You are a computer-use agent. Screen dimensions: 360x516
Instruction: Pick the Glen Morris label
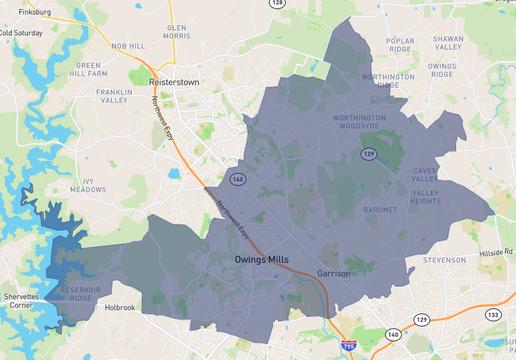177,31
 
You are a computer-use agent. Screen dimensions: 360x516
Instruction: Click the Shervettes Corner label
22,305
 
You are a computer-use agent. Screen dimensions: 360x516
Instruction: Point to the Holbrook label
120,308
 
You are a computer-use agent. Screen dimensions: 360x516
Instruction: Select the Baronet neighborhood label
379,210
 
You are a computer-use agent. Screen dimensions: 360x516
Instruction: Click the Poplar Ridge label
400,44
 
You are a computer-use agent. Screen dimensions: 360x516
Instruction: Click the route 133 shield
492,314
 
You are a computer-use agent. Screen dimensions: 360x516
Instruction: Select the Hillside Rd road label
496,254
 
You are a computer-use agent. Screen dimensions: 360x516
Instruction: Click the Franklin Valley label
113,95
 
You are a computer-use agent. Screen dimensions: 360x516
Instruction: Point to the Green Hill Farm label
89,69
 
